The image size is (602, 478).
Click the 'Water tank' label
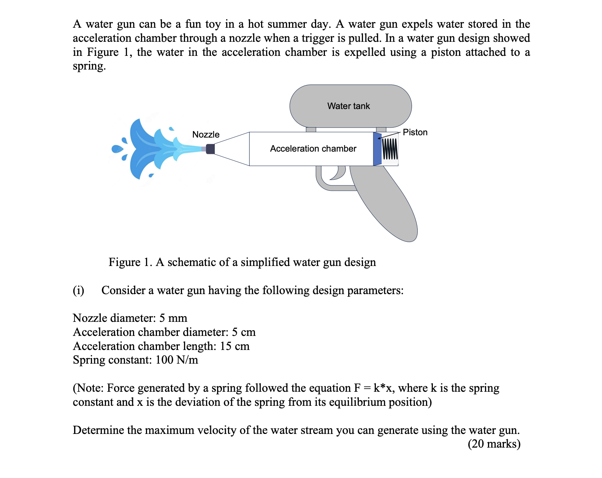(349, 106)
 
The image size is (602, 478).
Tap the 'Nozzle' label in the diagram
(206, 135)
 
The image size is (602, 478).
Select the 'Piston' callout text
(415, 132)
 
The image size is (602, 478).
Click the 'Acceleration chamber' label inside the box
(313, 149)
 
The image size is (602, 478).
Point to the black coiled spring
(390, 149)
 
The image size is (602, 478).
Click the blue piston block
(377, 149)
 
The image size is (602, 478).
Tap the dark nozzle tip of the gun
(210, 149)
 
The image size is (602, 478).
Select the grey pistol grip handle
(388, 205)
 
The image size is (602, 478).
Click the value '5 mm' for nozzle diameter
(173, 318)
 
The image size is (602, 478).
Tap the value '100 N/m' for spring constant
(177, 360)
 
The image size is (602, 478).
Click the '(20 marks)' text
(494, 444)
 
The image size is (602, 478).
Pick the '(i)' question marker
(78, 290)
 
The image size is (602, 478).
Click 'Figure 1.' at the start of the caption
(130, 262)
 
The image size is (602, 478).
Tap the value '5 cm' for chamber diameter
(244, 332)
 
